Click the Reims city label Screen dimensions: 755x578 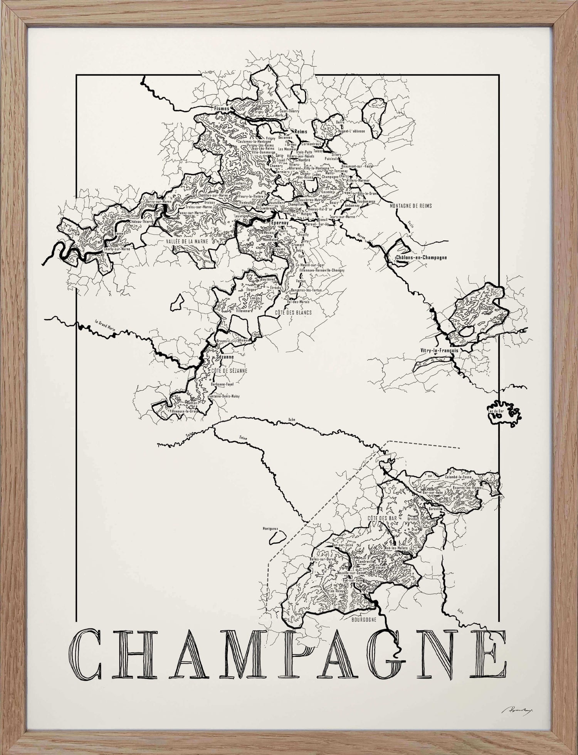click(301, 132)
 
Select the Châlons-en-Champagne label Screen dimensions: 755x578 click(422, 257)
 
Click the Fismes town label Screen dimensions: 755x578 click(222, 109)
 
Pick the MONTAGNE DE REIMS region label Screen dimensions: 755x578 click(411, 206)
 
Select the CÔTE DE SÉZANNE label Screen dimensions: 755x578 click(229, 371)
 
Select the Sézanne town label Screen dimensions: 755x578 click(225, 357)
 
